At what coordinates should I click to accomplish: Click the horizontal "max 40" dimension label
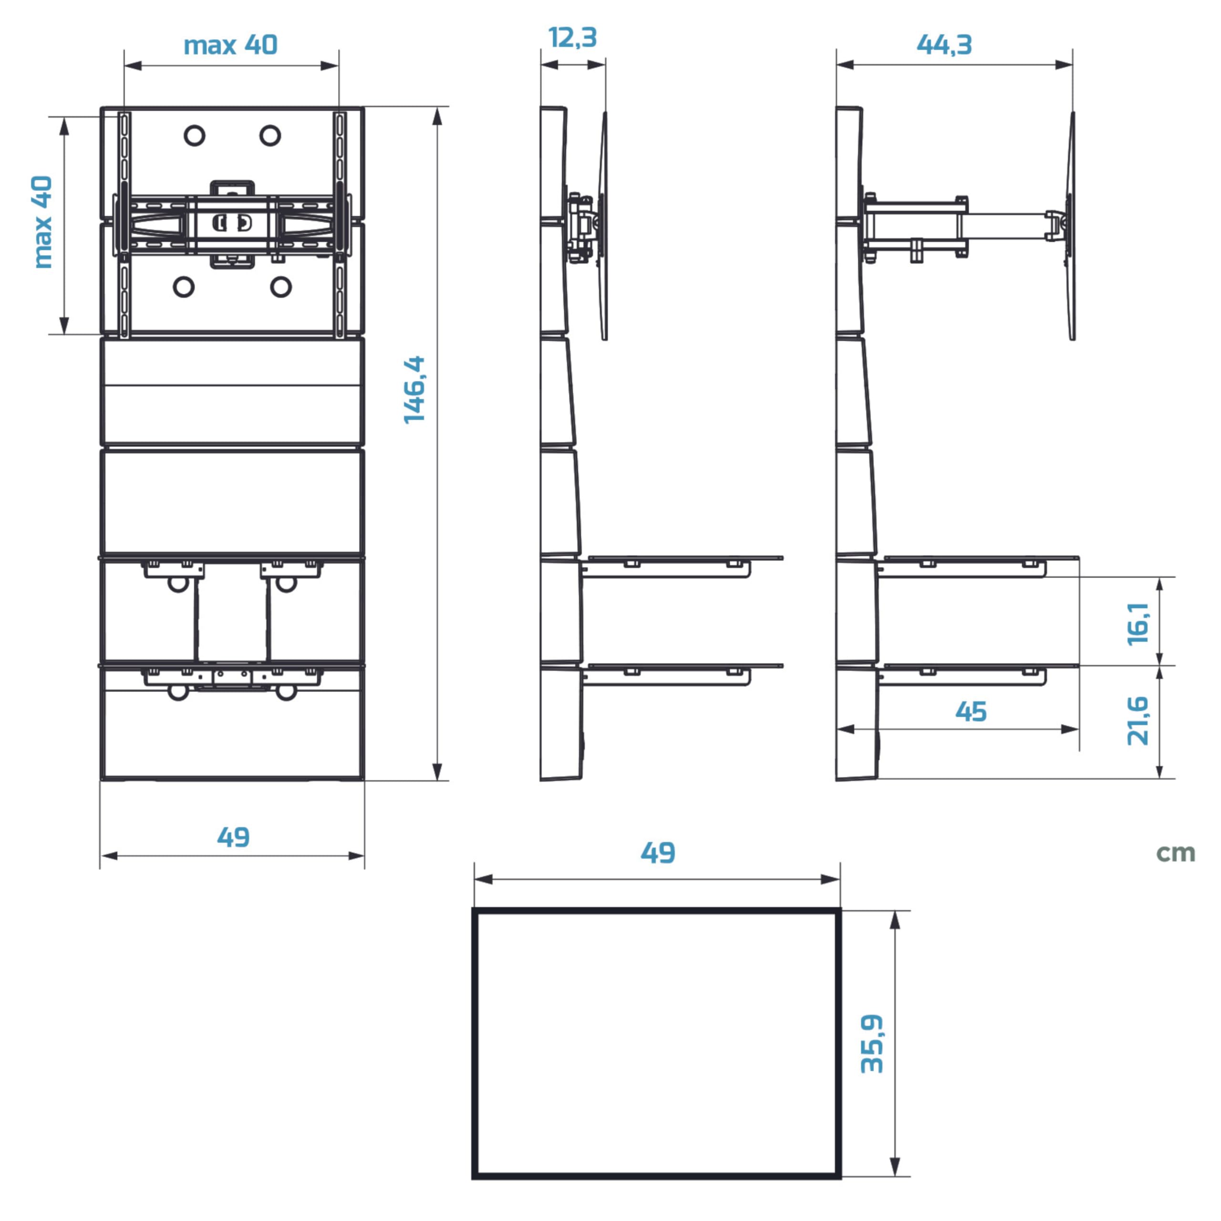click(231, 45)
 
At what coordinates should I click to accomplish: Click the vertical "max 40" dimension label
click(43, 222)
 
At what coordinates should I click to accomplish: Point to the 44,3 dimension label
click(944, 45)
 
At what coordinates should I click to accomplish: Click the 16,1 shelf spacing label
click(1138, 623)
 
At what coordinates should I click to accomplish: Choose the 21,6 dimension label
click(1138, 721)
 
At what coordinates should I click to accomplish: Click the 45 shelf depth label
click(971, 712)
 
